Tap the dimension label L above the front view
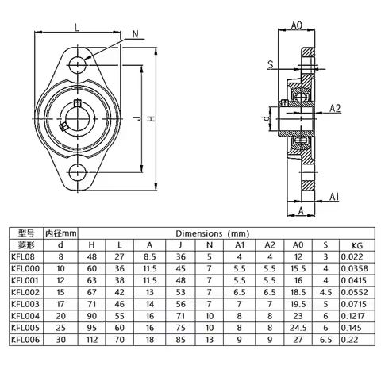point(76,27)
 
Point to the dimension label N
point(136,33)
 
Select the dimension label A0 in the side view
point(296,25)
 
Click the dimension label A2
point(334,109)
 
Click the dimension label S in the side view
point(270,63)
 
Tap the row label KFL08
point(21,256)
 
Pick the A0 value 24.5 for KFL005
point(299,328)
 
